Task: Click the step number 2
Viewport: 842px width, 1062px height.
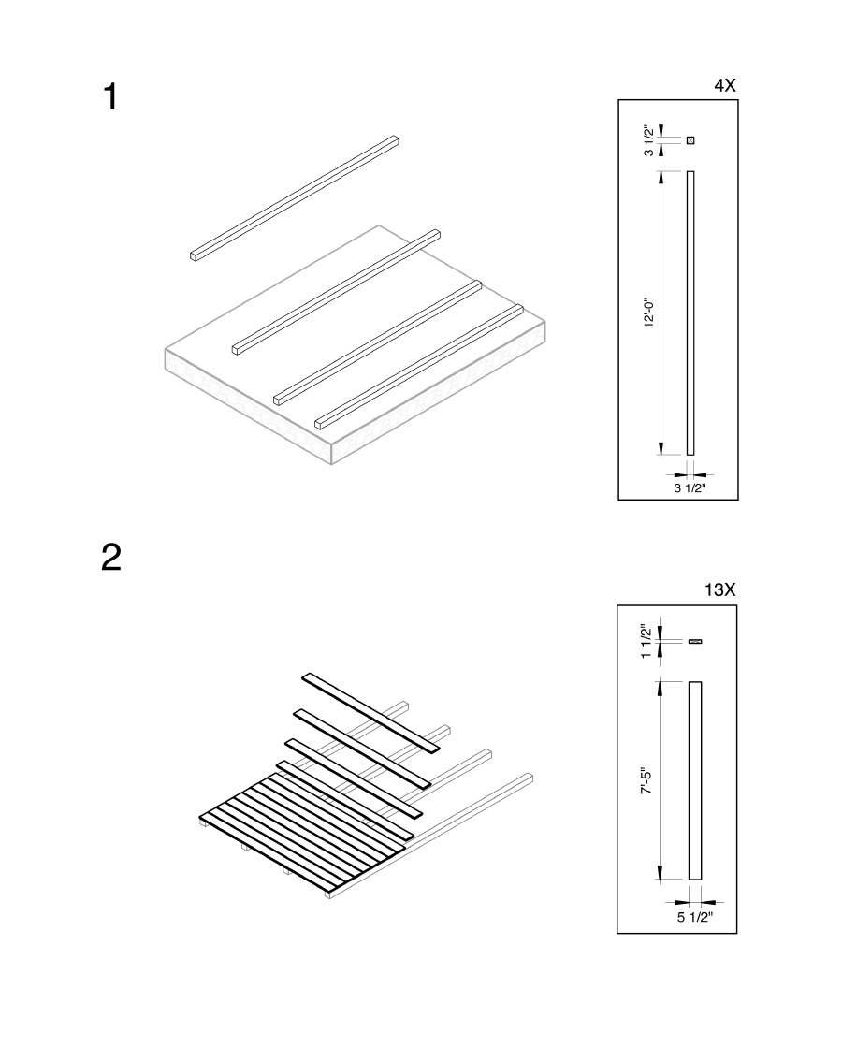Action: pos(111,558)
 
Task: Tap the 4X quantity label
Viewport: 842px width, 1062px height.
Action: pos(725,85)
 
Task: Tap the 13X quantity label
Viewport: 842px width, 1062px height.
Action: pos(720,589)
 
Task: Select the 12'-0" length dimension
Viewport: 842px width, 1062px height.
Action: pos(649,313)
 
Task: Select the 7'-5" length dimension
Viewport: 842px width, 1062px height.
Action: pos(646,781)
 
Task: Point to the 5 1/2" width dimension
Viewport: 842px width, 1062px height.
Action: pos(696,917)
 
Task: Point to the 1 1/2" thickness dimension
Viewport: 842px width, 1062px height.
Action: pos(646,641)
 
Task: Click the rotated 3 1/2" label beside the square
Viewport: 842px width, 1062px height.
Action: pos(649,141)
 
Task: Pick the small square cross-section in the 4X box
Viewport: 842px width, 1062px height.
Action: pos(691,140)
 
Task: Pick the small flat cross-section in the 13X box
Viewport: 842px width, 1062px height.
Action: pos(695,641)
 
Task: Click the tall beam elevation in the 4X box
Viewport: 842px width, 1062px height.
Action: pos(691,313)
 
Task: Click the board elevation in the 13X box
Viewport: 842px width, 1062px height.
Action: pos(695,780)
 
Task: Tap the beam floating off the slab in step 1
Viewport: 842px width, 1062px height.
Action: pos(294,197)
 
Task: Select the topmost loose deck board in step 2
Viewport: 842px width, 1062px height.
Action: pos(370,712)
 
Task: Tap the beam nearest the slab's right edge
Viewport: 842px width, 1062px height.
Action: pos(418,367)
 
